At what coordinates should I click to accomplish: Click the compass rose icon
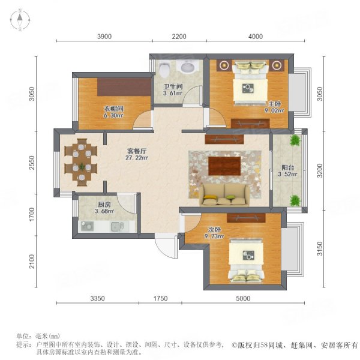coord(20,20)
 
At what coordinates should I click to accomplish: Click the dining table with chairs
coord(82,162)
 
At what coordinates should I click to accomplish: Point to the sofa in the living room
coord(224,194)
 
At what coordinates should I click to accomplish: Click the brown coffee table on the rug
coord(224,166)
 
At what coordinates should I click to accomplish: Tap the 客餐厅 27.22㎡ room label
coord(137,154)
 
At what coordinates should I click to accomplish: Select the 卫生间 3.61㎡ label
coord(173,90)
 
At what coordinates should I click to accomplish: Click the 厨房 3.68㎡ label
coord(104,208)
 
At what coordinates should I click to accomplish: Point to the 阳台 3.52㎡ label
coord(287,171)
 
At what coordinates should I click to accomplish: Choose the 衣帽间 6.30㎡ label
coord(113,112)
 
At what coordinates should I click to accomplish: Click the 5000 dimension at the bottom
coord(243,298)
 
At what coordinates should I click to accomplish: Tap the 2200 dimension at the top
coord(179,37)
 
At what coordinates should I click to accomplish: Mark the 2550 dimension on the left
coord(32,163)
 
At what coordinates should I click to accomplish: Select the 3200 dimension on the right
coord(320,170)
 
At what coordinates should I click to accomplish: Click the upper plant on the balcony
coord(295,140)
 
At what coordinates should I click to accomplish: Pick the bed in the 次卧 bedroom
coord(246,260)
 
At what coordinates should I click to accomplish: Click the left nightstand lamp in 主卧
coord(223,65)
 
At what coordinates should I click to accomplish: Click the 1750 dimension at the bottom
coord(160,298)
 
